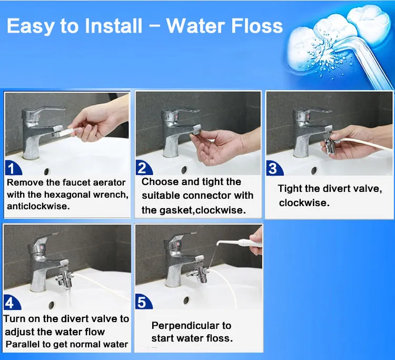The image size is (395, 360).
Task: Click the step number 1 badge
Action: (x=12, y=169)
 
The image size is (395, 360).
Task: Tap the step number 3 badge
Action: (x=273, y=168)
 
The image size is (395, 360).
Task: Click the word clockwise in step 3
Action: (x=304, y=203)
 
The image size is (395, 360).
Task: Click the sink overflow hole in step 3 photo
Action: (x=314, y=170)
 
